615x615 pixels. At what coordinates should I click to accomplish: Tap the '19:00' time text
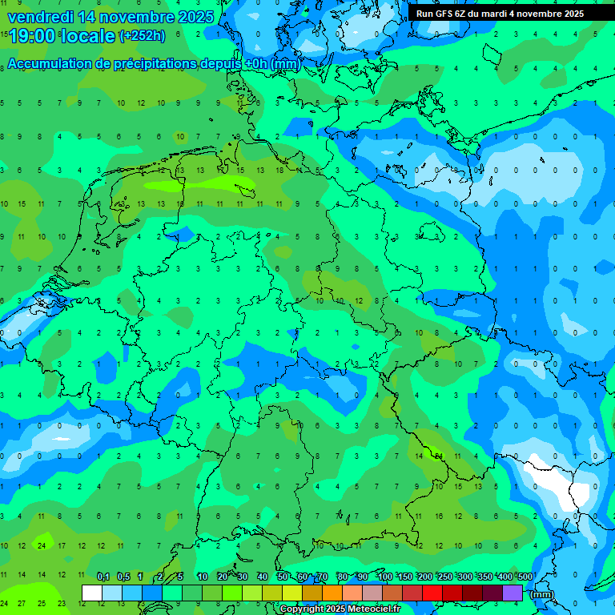pos(30,36)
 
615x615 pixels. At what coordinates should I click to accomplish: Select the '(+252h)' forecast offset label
pos(142,35)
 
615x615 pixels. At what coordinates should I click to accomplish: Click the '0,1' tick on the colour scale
pos(103,577)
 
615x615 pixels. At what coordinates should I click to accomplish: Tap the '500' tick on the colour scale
pos(525,577)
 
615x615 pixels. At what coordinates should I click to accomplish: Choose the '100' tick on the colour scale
pos(384,577)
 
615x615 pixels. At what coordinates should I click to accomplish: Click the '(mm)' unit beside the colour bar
pos(543,594)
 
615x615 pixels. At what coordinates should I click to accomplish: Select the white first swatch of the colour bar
pos(91,593)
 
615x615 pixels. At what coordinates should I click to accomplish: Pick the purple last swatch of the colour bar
pos(512,593)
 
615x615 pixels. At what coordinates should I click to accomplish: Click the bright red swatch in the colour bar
pos(432,593)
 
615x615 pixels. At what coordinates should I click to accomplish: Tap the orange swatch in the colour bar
pos(332,593)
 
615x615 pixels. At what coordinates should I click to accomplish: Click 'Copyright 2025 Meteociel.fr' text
pos(340,609)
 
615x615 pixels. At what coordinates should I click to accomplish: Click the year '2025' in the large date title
pos(195,17)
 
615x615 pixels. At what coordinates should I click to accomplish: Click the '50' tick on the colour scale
pos(283,577)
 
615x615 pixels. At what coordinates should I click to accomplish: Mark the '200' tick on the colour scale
pos(424,577)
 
